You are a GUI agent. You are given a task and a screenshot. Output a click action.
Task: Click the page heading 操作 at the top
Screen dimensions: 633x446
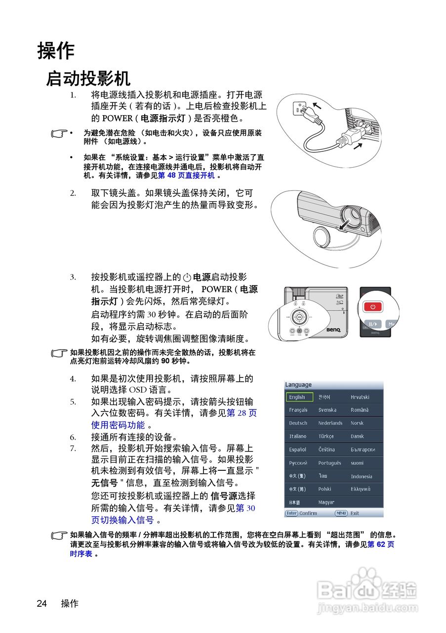coord(56,50)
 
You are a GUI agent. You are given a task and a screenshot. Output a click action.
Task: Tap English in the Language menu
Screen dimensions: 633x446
coord(299,397)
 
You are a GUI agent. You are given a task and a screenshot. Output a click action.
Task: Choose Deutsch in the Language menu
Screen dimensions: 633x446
coord(298,423)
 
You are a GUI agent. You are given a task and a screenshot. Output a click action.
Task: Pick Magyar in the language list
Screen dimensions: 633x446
coord(326,502)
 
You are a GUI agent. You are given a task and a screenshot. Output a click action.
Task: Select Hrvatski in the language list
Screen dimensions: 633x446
coord(360,397)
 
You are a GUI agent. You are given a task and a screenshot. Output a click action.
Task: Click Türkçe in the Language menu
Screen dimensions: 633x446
coord(326,437)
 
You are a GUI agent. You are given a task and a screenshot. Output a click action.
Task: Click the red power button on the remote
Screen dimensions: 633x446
coord(373,307)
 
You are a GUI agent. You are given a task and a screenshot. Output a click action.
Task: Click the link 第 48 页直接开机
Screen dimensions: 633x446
coord(186,176)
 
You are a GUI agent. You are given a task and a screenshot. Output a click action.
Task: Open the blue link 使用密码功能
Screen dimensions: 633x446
coord(118,425)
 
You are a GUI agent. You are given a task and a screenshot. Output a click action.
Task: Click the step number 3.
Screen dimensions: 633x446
coord(73,277)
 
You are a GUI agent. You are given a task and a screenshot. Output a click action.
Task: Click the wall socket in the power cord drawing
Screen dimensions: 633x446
coord(300,108)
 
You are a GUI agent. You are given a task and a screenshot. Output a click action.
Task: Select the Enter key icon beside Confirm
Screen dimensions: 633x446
coord(291,513)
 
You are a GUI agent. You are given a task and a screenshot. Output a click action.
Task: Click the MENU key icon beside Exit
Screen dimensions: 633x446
coord(341,513)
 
